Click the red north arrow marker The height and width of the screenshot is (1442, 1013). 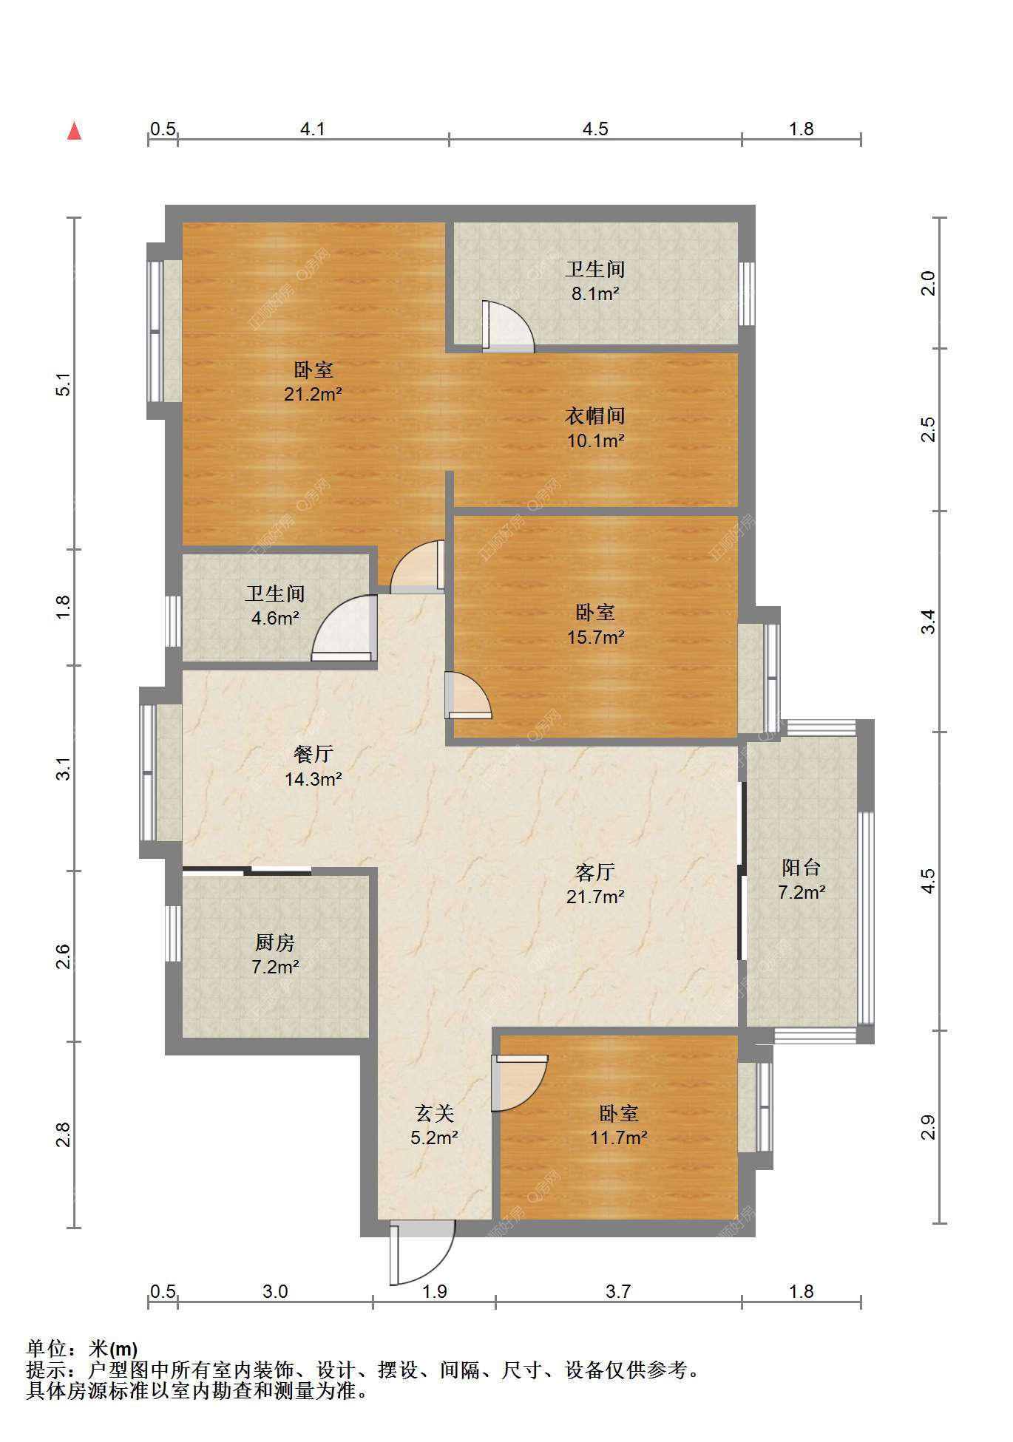(74, 131)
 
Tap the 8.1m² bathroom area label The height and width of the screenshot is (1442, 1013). (595, 293)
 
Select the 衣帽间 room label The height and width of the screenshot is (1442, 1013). (595, 416)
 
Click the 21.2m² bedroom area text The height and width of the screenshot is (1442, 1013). (313, 394)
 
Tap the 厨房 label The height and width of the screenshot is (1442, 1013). (275, 942)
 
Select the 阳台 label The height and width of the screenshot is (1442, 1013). (801, 868)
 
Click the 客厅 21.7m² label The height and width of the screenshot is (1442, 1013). (595, 885)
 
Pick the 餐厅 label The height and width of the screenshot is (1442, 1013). (313, 754)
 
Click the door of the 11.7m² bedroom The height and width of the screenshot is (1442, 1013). (519, 1082)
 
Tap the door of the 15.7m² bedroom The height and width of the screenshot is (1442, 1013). (468, 695)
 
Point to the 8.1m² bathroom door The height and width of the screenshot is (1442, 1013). (508, 326)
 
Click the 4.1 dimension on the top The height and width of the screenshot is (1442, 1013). (313, 129)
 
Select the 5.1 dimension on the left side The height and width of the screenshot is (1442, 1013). (64, 385)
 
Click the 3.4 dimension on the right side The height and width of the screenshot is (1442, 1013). (928, 622)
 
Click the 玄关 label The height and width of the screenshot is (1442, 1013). (434, 1113)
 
